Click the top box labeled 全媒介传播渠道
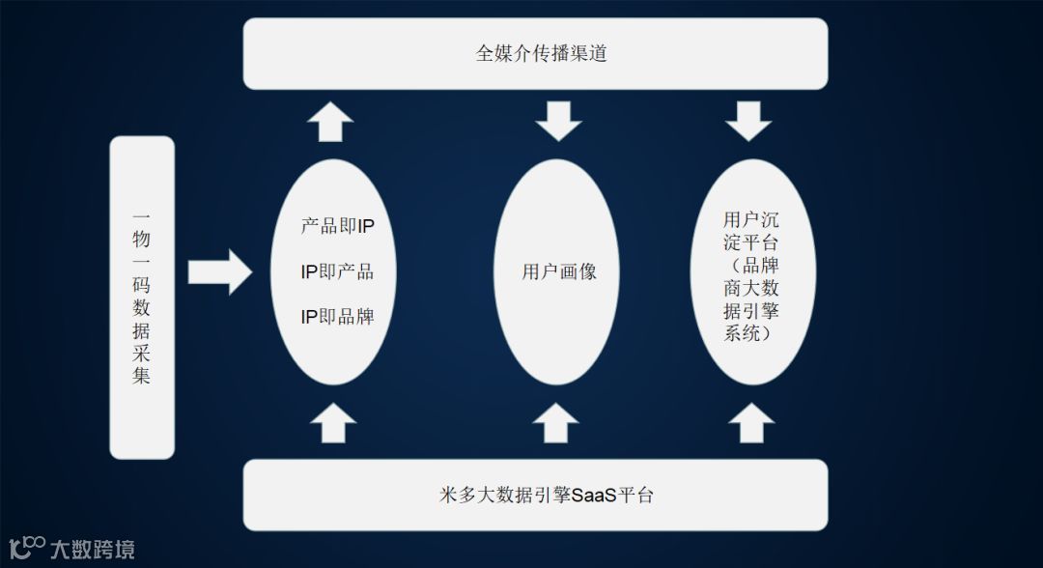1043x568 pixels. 535,53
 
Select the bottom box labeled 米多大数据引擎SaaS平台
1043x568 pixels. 535,496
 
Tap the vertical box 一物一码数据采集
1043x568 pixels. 142,298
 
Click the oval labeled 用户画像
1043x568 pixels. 558,272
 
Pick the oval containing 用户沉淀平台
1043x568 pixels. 753,272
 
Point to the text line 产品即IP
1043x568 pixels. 337,227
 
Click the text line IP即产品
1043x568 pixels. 337,271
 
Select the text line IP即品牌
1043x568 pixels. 337,316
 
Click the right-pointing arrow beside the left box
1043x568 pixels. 219,271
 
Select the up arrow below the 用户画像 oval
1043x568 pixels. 556,423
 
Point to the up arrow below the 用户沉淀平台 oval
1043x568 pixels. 750,423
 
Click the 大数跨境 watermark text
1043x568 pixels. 93,550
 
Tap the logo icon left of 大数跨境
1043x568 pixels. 27,548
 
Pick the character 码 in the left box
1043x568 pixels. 142,286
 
